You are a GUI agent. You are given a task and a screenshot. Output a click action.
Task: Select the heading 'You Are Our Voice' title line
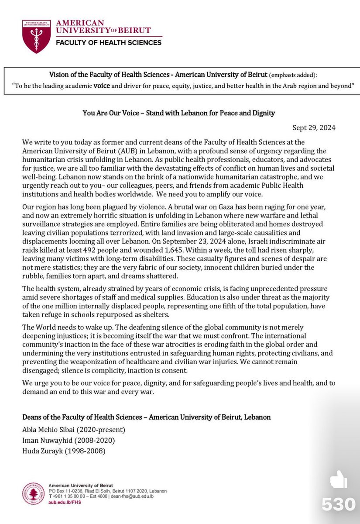click(179, 113)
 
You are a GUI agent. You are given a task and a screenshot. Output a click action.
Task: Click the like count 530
click(339, 504)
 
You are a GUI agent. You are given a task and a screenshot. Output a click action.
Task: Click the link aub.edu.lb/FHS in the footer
click(65, 502)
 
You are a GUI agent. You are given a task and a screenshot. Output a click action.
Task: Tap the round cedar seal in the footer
click(34, 493)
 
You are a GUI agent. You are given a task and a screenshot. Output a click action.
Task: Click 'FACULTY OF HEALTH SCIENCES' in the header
click(108, 42)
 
